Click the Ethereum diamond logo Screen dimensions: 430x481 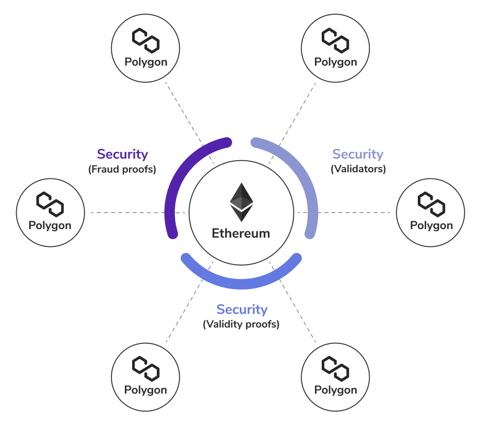241,202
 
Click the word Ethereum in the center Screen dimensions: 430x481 241,233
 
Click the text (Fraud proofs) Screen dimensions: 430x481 122,169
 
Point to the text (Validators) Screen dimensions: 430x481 358,169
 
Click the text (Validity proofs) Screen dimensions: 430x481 241,324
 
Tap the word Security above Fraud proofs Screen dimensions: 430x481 123,154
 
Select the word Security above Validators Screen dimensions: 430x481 358,154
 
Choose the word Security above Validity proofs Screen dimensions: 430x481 242,309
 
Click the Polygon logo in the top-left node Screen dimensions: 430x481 145,40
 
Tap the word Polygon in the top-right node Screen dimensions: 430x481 336,62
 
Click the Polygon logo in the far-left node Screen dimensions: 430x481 50,204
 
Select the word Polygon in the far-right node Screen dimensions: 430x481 431,225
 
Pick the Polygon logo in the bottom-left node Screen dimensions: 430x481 145,368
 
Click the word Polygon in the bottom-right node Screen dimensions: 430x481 336,390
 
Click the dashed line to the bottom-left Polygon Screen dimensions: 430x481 183,313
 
